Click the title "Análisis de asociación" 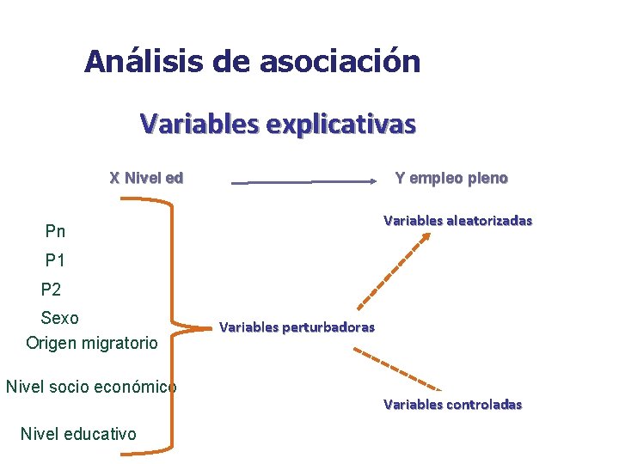pos(252,61)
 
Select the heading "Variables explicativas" pos(278,125)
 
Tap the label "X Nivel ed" pos(146,179)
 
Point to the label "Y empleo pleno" pos(450,179)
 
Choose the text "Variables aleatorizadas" pos(457,221)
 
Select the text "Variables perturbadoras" pos(297,327)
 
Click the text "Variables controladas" pos(452,404)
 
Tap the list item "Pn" pos(55,231)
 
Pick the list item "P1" pos(55,260)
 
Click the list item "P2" pos(51,290)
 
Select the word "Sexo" pos(59,318)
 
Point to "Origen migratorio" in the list pos(92,343)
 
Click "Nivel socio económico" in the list pos(90,387)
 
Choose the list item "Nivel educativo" pos(77,434)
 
